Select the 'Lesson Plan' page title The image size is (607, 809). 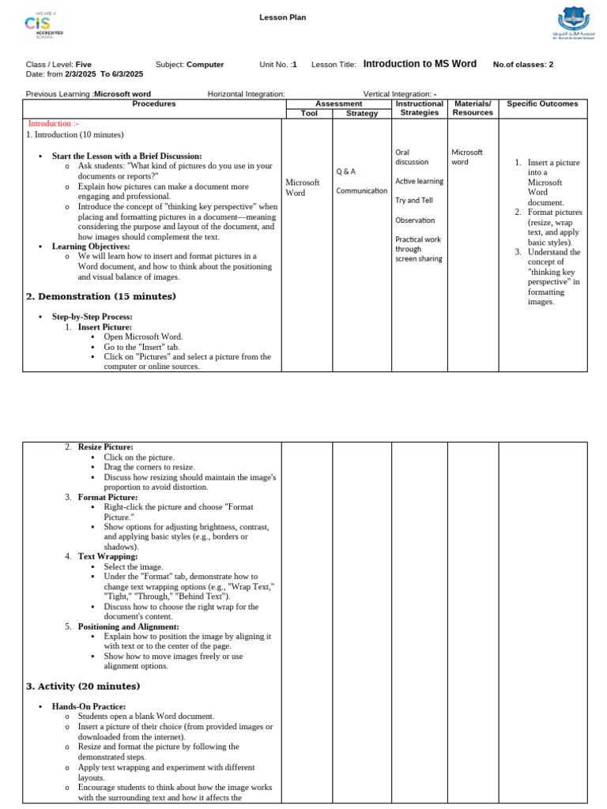tap(282, 17)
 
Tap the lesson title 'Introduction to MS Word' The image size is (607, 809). tap(420, 64)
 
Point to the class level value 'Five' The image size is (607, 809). tap(84, 65)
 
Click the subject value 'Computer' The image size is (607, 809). tap(205, 65)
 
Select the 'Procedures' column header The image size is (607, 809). tap(154, 103)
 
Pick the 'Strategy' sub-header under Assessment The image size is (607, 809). tap(362, 113)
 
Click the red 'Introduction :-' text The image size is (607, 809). tap(54, 124)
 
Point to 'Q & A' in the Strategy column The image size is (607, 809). tap(346, 171)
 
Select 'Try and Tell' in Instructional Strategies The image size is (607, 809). tap(414, 201)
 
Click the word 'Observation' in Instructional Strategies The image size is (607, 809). tap(415, 220)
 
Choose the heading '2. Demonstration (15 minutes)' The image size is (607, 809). tap(101, 296)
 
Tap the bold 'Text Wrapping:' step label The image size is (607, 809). tap(107, 556)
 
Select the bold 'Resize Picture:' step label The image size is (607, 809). tap(105, 447)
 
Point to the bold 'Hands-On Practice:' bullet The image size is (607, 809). tap(89, 706)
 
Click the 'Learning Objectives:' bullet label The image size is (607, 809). tap(91, 246)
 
